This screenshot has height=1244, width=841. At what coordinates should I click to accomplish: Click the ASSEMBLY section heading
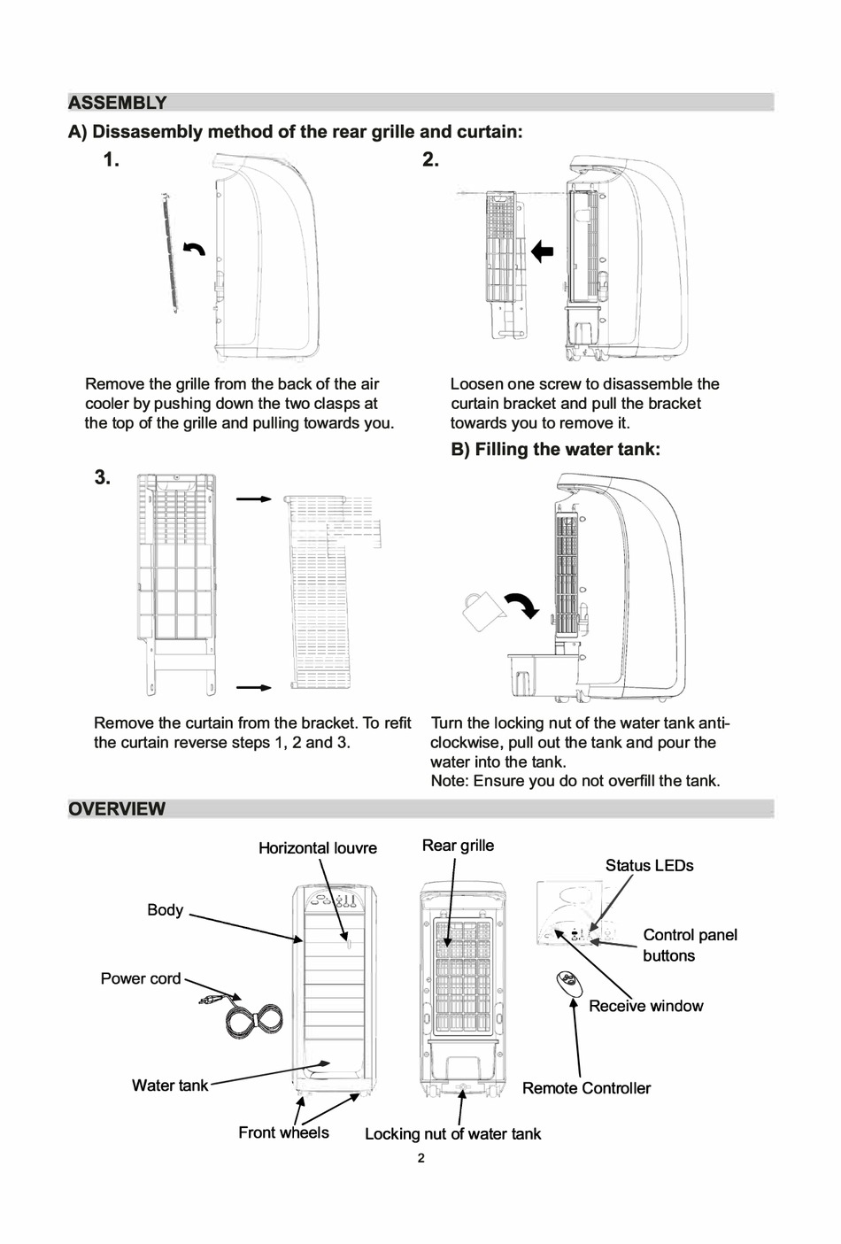(118, 103)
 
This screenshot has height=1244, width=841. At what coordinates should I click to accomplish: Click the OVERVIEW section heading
(117, 808)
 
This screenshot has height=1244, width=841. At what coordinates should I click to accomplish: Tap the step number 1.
(111, 160)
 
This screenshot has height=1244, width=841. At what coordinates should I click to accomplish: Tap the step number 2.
(430, 160)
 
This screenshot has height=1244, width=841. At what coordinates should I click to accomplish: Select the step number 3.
(103, 477)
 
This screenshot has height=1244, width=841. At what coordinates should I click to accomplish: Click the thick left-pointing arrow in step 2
(542, 251)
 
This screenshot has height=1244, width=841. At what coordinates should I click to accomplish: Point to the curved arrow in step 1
(194, 249)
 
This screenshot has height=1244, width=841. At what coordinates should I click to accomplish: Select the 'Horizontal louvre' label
(317, 848)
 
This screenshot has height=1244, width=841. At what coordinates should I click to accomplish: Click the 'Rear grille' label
(458, 846)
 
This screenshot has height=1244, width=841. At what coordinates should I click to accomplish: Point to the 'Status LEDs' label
(649, 866)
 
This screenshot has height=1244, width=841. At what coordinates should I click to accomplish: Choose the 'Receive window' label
(645, 1006)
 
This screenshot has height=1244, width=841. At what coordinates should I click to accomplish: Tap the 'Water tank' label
(169, 1086)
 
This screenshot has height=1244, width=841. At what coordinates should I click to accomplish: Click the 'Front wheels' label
(283, 1132)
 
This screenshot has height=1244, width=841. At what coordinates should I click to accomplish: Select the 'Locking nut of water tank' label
(452, 1134)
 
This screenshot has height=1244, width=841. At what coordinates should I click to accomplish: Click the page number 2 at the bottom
(420, 1158)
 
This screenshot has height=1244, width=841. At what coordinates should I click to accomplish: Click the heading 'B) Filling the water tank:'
(555, 449)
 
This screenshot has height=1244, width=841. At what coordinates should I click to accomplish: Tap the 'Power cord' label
(140, 978)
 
